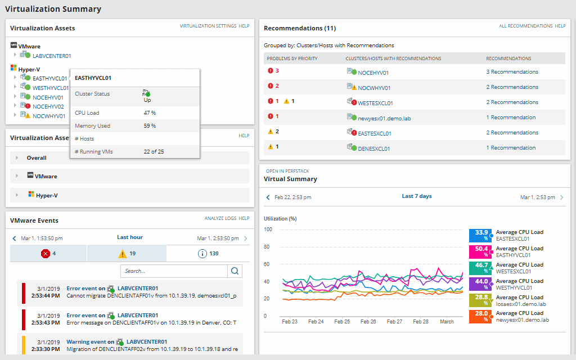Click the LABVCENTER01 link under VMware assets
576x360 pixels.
52,56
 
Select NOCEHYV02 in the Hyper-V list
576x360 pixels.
48,106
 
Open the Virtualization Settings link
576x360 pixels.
208,26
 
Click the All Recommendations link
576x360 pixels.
525,26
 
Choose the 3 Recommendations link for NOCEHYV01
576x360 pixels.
512,72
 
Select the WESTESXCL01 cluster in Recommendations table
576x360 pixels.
375,103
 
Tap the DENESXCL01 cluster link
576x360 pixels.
374,148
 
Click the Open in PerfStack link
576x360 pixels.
287,171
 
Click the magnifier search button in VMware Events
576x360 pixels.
235,271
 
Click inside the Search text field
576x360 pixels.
173,271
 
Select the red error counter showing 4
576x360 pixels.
48,254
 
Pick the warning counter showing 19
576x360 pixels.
127,254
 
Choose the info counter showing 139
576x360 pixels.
208,254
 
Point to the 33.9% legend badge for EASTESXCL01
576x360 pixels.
481,235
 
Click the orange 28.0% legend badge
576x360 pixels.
481,317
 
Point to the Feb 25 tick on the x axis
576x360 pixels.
342,322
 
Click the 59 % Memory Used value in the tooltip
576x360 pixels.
150,126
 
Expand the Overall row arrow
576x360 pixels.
17,158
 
